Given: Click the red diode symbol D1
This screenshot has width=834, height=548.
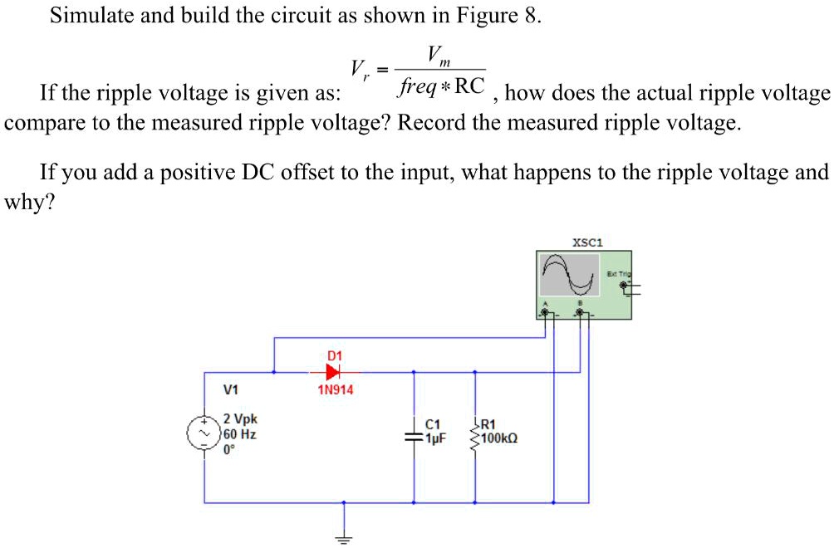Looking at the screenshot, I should coord(334,371).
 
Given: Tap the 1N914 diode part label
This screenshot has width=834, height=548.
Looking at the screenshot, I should coord(336,389).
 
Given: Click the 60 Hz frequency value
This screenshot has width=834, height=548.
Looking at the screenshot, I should coord(239,433).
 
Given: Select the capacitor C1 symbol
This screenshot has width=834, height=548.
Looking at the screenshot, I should coord(413,435).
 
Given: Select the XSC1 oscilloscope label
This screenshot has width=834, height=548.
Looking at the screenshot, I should coord(587,243).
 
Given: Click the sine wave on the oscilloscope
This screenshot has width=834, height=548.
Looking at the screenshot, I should coord(570,275).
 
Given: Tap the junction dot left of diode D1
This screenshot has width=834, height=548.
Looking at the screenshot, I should coord(274,371).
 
